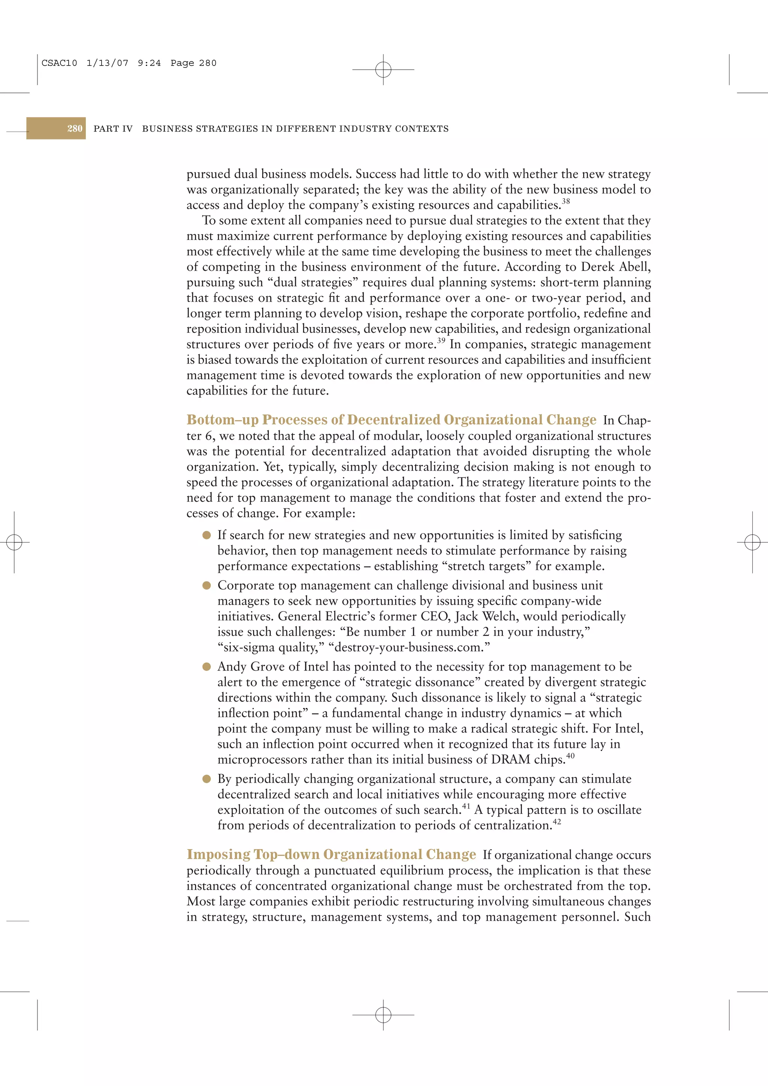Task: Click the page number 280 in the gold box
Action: coord(74,129)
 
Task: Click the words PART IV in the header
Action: coord(113,129)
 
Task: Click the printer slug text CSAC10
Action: coord(59,63)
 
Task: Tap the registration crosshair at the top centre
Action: coord(383,70)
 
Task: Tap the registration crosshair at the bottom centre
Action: coord(383,1014)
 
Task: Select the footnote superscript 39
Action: coord(441,341)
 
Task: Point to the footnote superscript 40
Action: coord(570,756)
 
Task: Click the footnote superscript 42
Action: coord(556,821)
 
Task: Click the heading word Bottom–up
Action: coord(222,420)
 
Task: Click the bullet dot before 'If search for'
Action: coord(206,535)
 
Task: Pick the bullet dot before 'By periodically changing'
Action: coord(206,779)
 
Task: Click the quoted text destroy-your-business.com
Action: coord(409,647)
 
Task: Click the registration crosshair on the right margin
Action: coord(752,542)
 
